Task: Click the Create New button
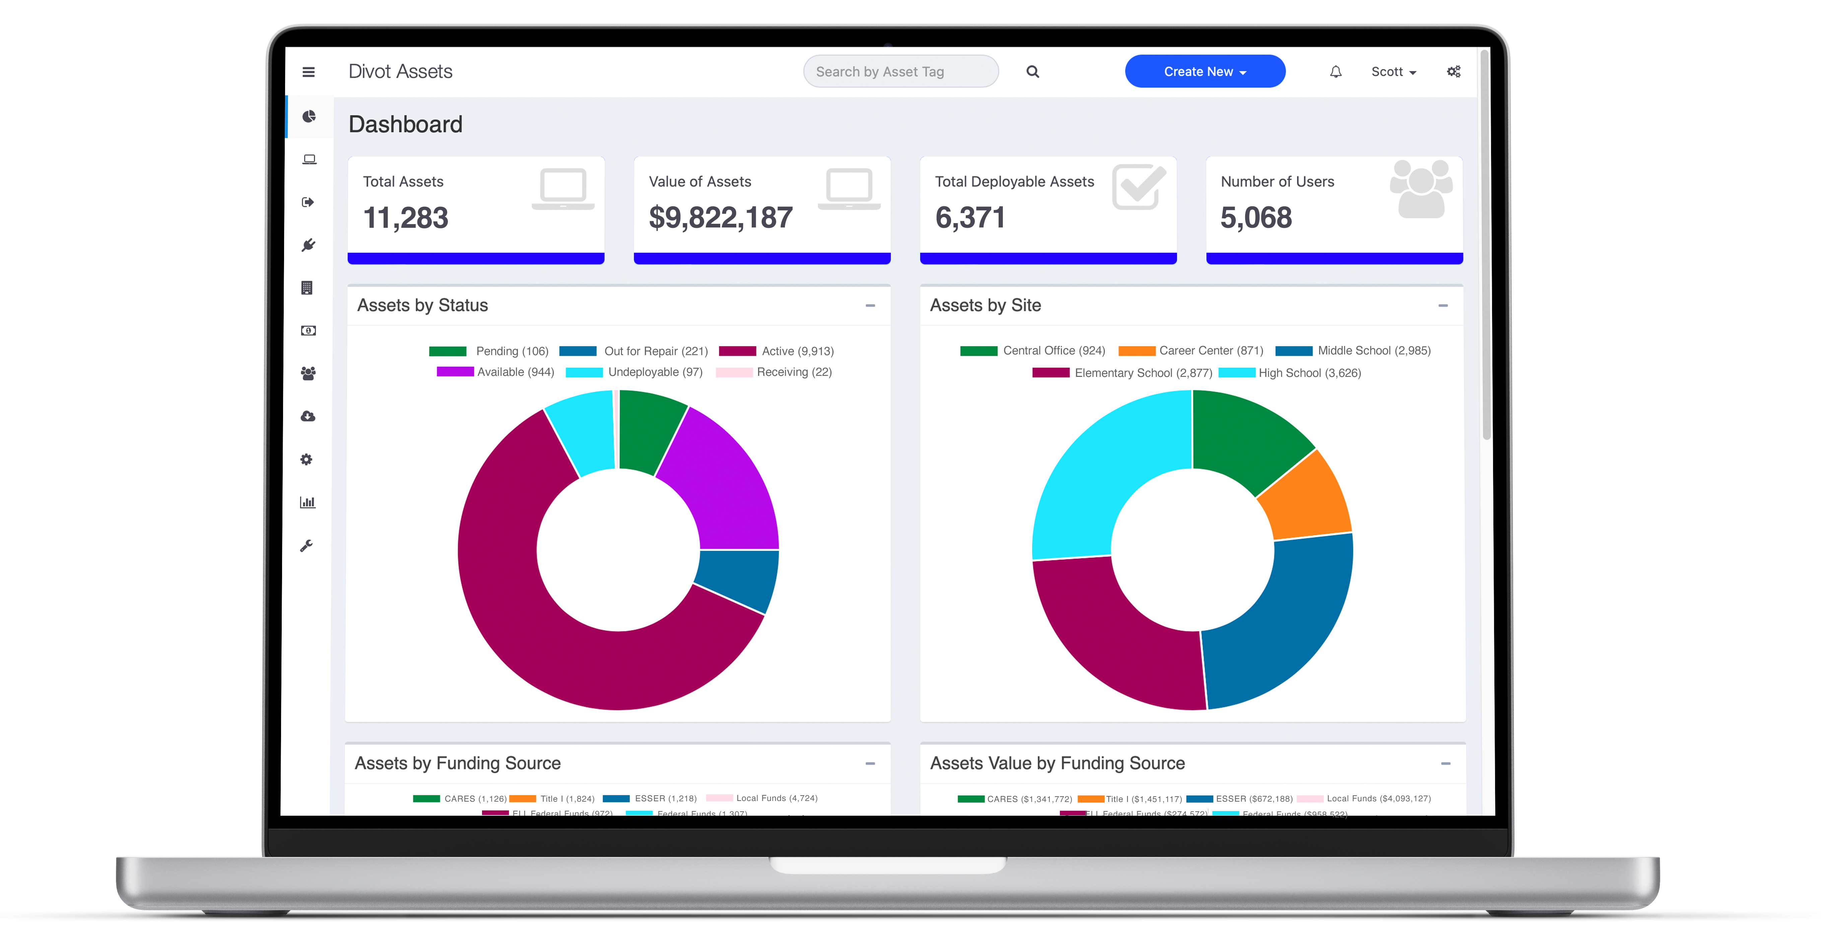tap(1205, 71)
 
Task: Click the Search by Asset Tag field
tap(900, 71)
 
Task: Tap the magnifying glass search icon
tap(1033, 71)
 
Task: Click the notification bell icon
tap(1335, 71)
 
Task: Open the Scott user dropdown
tap(1393, 71)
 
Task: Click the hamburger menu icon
tap(308, 71)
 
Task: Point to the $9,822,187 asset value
tap(720, 218)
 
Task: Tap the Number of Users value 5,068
tap(1256, 218)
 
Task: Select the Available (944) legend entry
tap(495, 372)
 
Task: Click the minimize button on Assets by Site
tap(1443, 305)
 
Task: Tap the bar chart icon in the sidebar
tap(308, 502)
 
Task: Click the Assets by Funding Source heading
tap(457, 763)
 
